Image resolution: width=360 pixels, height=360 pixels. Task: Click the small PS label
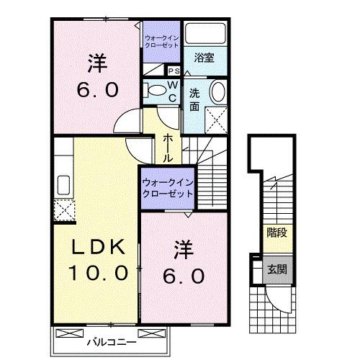coord(174,71)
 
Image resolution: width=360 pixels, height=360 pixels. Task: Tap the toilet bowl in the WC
coord(154,90)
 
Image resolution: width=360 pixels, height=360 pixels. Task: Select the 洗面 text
coord(195,99)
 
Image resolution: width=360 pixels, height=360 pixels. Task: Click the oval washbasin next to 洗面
coord(217,92)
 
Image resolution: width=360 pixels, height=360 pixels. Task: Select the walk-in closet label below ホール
coord(167,188)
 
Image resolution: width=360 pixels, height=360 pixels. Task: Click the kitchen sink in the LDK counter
coord(60,182)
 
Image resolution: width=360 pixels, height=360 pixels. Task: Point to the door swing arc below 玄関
coord(279,297)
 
